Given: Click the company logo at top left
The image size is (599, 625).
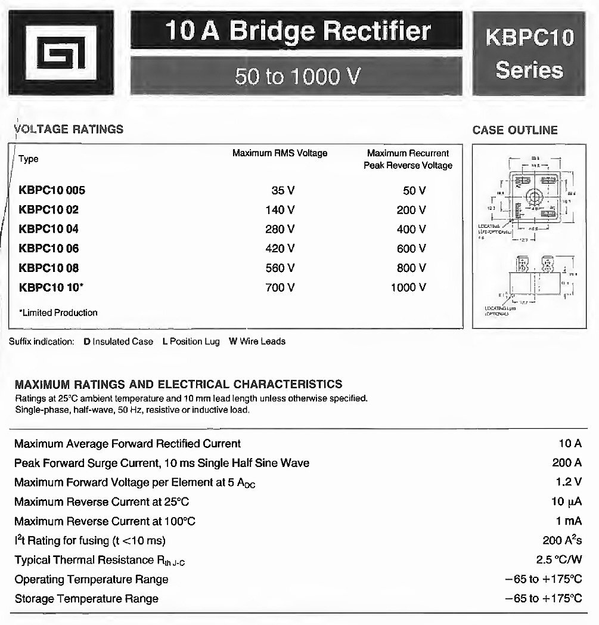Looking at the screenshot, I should point(61,53).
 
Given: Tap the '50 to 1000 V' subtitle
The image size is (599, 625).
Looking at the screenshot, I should point(296,76).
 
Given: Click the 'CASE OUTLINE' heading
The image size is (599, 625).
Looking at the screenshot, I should point(515,130).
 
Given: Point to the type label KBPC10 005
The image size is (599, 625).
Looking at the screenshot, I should point(52,191).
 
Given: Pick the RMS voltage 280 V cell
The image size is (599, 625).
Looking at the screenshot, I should point(283,229).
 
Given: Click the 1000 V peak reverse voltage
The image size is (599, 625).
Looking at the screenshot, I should point(408,287).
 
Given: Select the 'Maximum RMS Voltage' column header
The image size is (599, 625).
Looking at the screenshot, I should point(280,153).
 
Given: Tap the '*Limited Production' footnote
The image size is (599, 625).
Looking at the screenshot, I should point(58,312).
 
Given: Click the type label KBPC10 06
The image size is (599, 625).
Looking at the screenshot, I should point(48,249).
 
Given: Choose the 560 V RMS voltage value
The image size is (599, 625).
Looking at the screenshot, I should point(283,268).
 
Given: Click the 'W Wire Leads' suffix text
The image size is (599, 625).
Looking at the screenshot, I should point(257,342).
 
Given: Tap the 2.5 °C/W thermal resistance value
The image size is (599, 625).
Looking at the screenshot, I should point(559,560).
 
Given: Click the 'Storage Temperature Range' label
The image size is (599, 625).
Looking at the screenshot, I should point(86,599).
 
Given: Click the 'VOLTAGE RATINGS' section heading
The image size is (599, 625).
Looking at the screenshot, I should point(69,129).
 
